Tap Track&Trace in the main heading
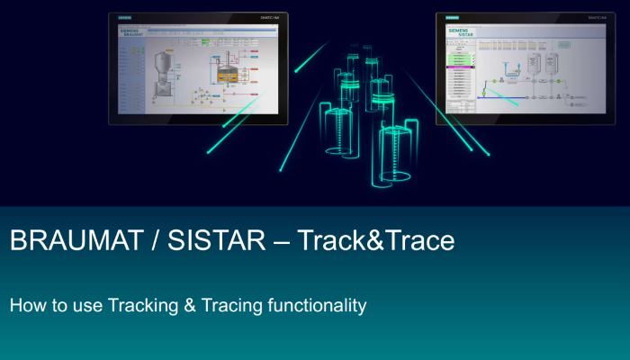tap(376, 241)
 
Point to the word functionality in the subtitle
tap(317, 306)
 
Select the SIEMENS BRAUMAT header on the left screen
tap(132, 32)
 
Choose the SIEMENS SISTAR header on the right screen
tap(460, 32)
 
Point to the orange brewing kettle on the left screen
tap(227, 75)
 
